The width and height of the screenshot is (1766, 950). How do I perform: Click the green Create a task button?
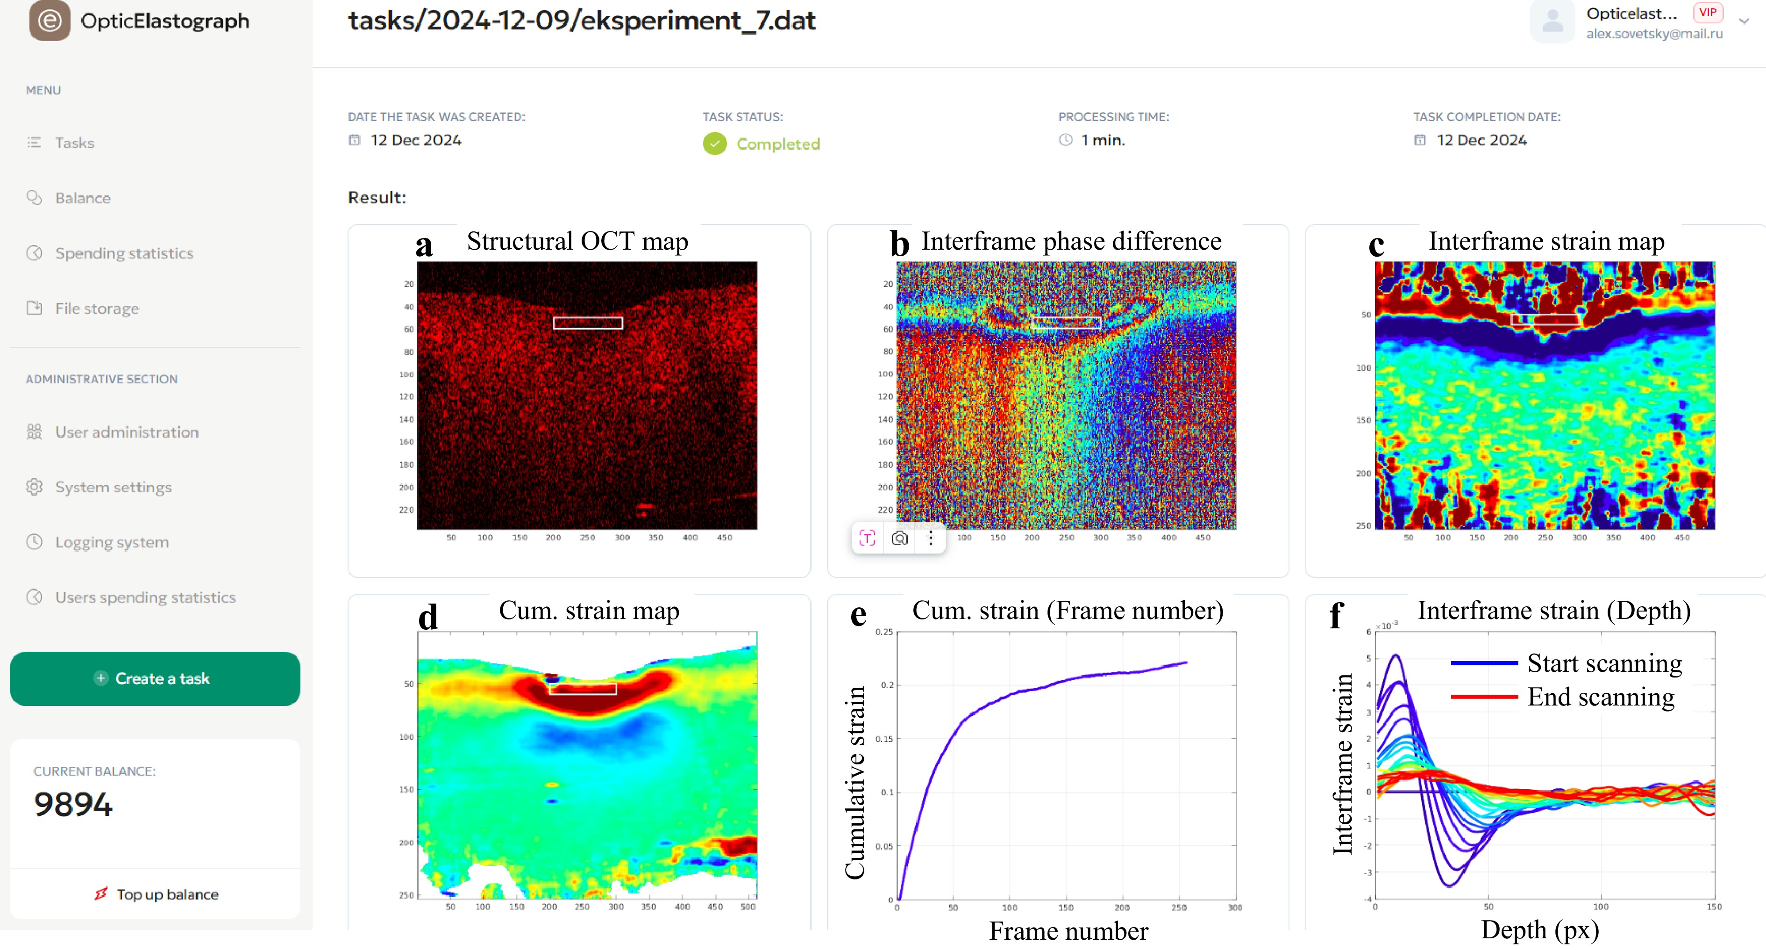(155, 678)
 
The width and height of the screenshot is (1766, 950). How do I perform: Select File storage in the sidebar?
(97, 308)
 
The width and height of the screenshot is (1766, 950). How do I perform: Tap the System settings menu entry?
(113, 487)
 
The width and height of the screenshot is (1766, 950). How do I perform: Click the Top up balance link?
(167, 894)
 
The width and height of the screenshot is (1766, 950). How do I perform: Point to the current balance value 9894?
(73, 804)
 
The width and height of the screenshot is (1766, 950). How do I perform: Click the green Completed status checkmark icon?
(714, 144)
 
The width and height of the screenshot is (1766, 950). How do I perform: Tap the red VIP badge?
(1707, 12)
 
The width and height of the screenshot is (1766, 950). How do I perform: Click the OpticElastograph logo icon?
(50, 21)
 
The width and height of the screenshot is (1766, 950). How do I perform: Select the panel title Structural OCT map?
(577, 241)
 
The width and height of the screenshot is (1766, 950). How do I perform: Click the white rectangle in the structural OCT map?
(588, 323)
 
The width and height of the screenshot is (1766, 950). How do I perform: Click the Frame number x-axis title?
(1068, 931)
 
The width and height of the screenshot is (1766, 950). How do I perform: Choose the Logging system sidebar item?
(112, 542)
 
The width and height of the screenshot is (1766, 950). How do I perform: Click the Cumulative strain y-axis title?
(855, 782)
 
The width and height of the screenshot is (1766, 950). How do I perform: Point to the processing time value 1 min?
(1103, 140)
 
